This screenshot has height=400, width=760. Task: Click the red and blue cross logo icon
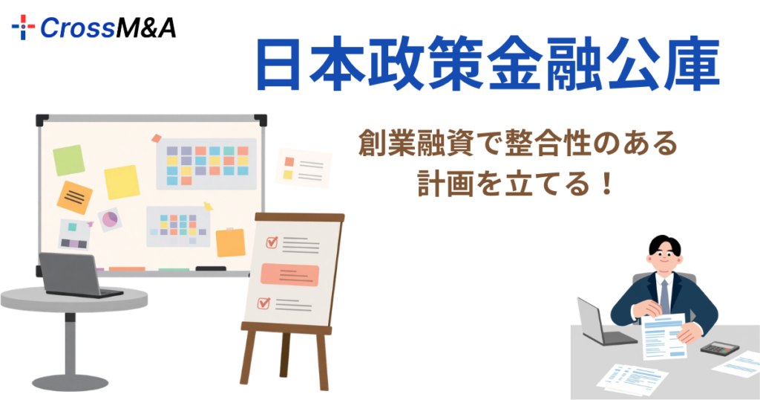coord(24,28)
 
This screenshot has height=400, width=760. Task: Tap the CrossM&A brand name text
coord(108,28)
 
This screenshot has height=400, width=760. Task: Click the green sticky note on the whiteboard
coord(68,160)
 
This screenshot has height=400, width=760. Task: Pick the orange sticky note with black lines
coord(75,197)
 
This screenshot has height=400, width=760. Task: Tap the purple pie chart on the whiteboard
coord(110,219)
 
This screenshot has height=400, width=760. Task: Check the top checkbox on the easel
coord(272,242)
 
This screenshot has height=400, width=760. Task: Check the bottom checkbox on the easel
coord(263,303)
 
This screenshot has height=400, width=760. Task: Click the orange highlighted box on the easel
coord(289,274)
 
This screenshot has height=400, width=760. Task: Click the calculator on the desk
coord(718,347)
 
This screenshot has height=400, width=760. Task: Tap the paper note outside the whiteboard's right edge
coord(304,167)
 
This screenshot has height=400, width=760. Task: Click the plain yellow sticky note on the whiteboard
coord(122,182)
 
